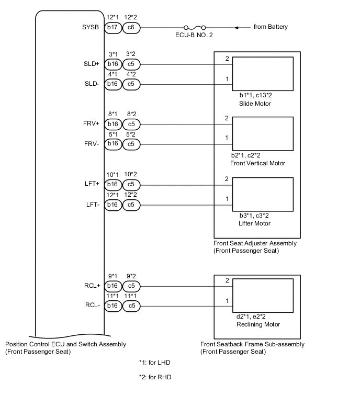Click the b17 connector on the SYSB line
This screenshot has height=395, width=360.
pyautogui.click(x=113, y=27)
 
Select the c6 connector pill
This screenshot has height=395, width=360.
pyautogui.click(x=131, y=27)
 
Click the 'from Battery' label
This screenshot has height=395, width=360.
pyautogui.click(x=271, y=27)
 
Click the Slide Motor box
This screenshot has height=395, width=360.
pyautogui.click(x=263, y=74)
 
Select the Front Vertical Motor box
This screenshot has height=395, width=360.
pyautogui.click(x=263, y=133)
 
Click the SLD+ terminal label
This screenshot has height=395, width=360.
pyautogui.click(x=91, y=64)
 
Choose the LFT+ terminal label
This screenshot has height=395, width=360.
pyautogui.click(x=92, y=184)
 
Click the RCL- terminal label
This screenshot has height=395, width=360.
pyautogui.click(x=91, y=306)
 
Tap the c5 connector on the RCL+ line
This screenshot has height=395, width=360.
pyautogui.click(x=131, y=286)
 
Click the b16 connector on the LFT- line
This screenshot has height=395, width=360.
pyautogui.click(x=113, y=204)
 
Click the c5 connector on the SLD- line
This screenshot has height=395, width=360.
pyautogui.click(x=131, y=84)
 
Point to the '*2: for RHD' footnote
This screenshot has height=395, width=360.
pyautogui.click(x=155, y=377)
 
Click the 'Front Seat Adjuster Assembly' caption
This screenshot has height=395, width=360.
pyautogui.click(x=255, y=243)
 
